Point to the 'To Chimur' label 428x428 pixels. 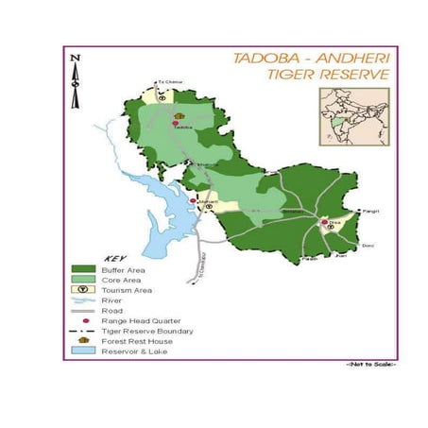[x=166, y=83]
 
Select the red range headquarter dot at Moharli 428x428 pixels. [x=194, y=200]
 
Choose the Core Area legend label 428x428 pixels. [x=121, y=280]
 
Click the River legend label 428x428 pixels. [x=111, y=300]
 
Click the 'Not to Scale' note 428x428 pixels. [x=371, y=364]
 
